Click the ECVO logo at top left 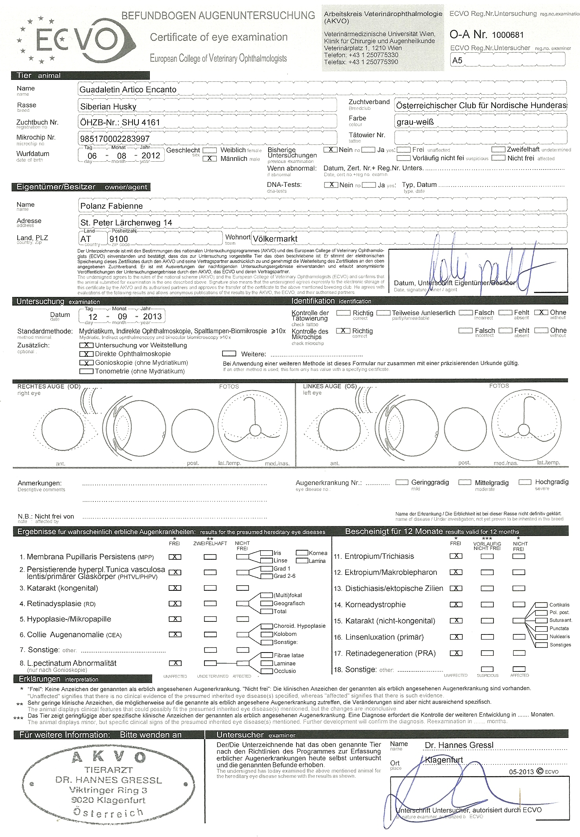pos(77,39)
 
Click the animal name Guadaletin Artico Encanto pos(128,90)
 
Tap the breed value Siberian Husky pos(108,107)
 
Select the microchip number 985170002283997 pos(115,139)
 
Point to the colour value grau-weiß pos(415,122)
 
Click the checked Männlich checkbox pos(210,159)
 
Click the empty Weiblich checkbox pos(210,150)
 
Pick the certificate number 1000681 pos(508,35)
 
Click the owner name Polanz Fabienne pos(111,206)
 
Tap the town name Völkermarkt pos(275,239)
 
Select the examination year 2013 pos(152,317)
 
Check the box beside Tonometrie pos(86,371)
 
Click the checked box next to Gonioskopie pos(86,363)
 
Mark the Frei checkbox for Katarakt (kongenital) pos(175,588)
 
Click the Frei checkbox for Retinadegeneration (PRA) pos(456,653)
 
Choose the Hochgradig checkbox pos(525,482)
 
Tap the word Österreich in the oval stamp pos(108,812)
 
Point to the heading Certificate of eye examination pos(219,37)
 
